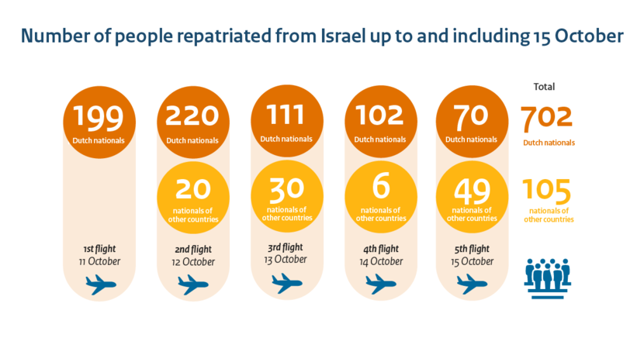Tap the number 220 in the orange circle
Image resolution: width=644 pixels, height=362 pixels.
192,116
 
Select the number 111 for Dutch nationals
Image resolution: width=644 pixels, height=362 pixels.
286,115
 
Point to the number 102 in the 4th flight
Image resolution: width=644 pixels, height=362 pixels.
380,115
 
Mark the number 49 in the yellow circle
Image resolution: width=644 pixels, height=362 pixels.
472,191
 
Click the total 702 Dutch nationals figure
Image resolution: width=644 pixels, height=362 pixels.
546,117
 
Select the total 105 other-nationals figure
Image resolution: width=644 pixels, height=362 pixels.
546,191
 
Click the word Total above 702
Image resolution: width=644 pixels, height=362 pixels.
544,87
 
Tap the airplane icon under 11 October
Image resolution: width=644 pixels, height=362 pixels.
99,285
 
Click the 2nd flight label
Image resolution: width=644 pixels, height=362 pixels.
192,250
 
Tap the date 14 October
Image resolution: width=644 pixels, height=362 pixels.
379,262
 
